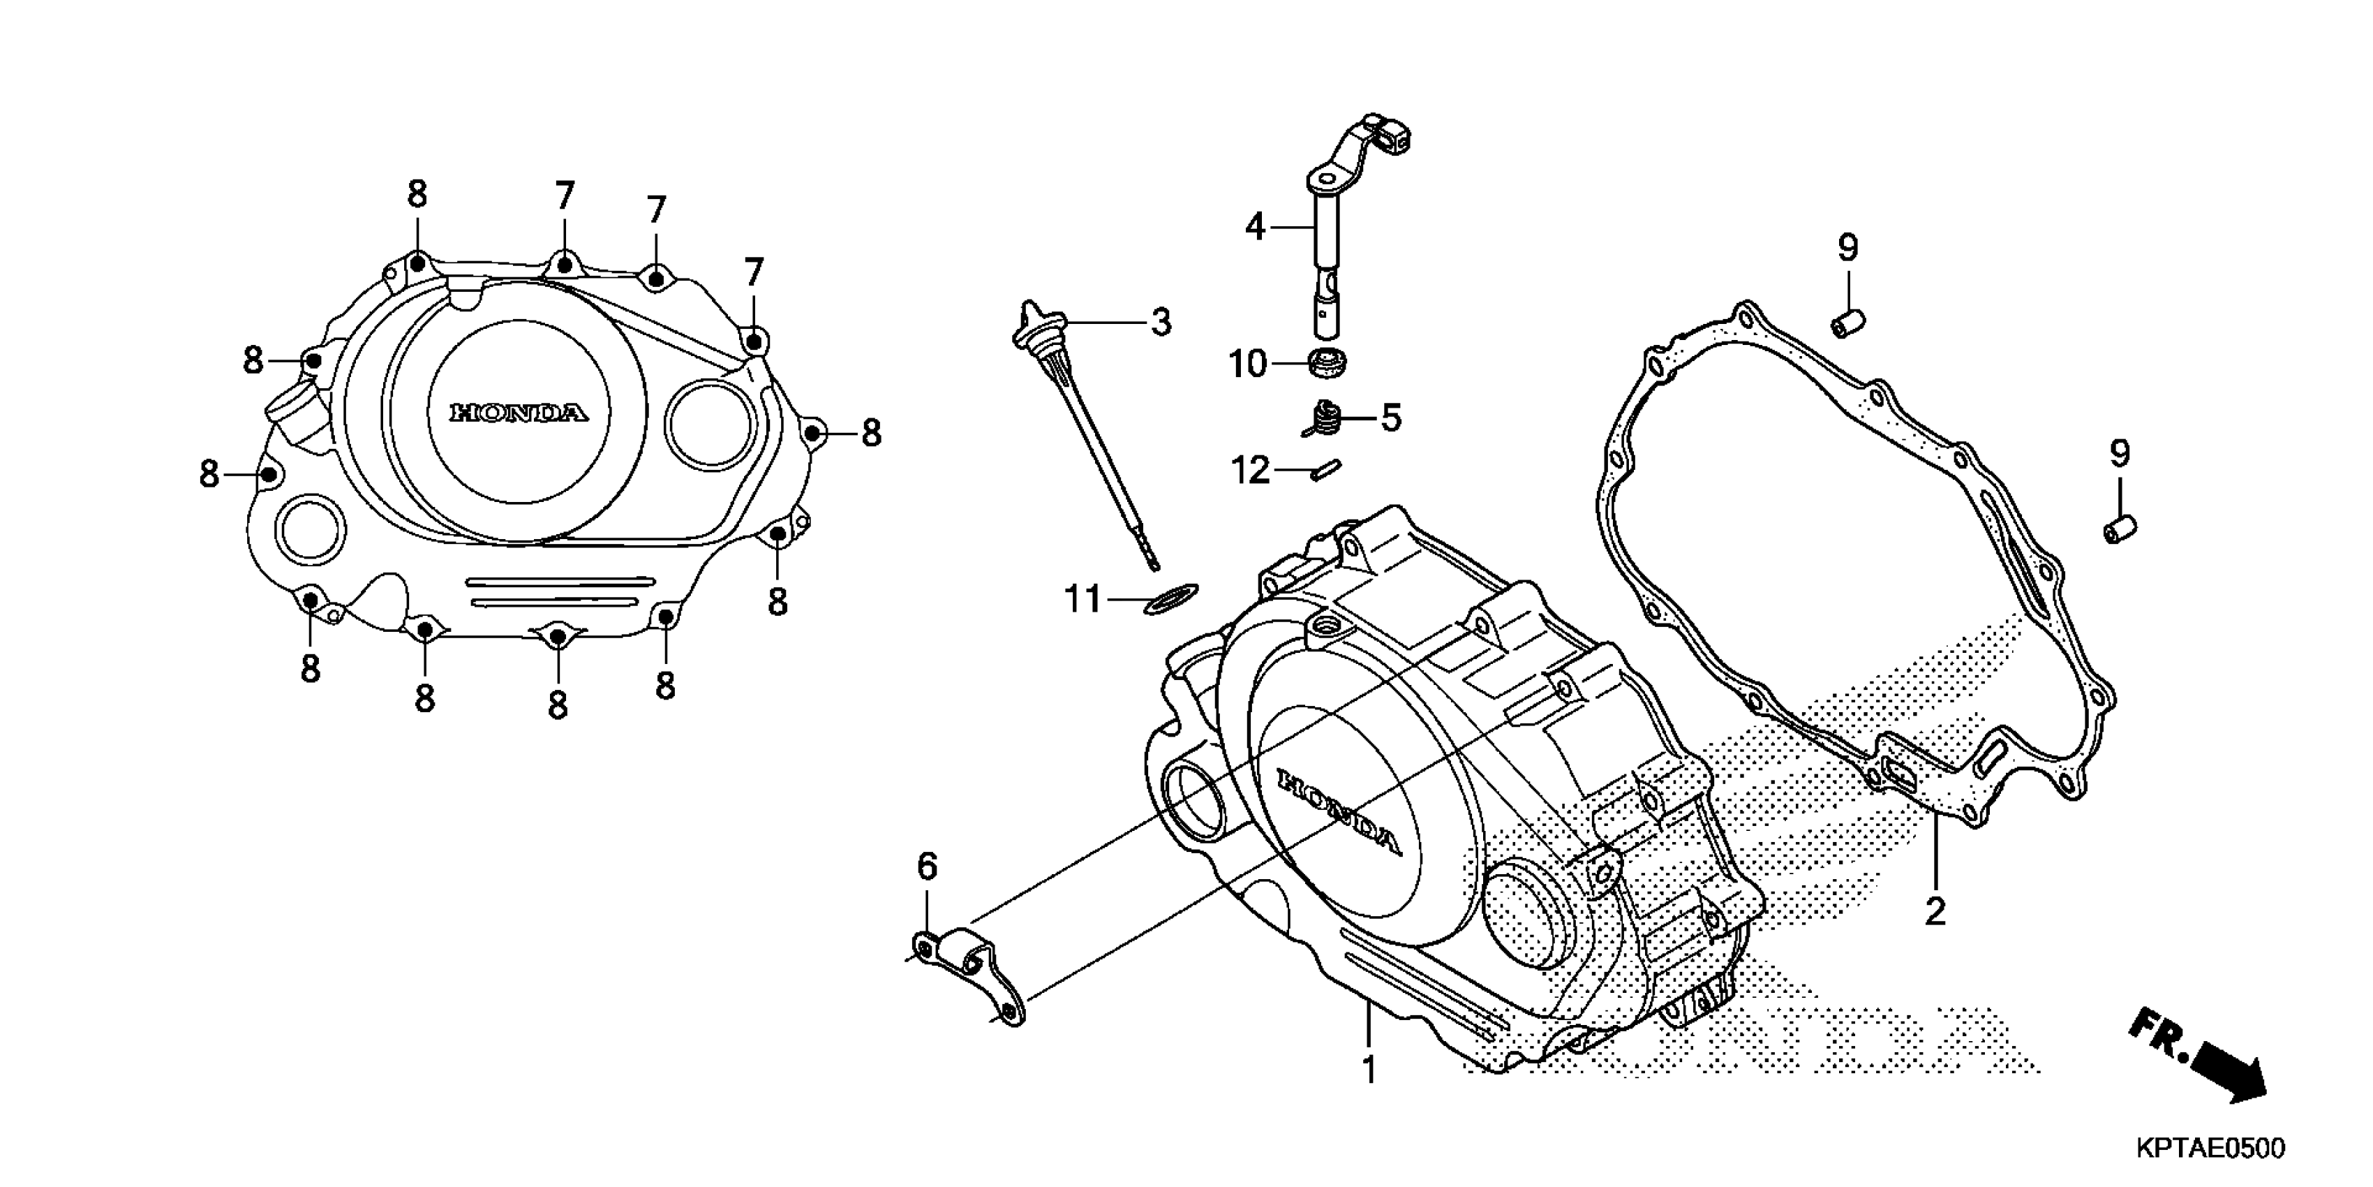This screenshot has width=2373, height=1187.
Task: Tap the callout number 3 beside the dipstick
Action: click(1161, 323)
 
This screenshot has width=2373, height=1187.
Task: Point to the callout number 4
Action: click(1256, 227)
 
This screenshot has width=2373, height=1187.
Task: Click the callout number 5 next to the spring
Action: click(1390, 418)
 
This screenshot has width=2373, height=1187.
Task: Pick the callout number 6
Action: click(927, 867)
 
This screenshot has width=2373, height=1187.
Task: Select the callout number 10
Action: click(1248, 365)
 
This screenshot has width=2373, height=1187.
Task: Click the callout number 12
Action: click(1250, 472)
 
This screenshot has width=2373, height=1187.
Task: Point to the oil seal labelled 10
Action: click(1328, 362)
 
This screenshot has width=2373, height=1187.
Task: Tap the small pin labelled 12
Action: click(1325, 470)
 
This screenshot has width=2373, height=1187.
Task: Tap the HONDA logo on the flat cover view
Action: click(519, 412)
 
